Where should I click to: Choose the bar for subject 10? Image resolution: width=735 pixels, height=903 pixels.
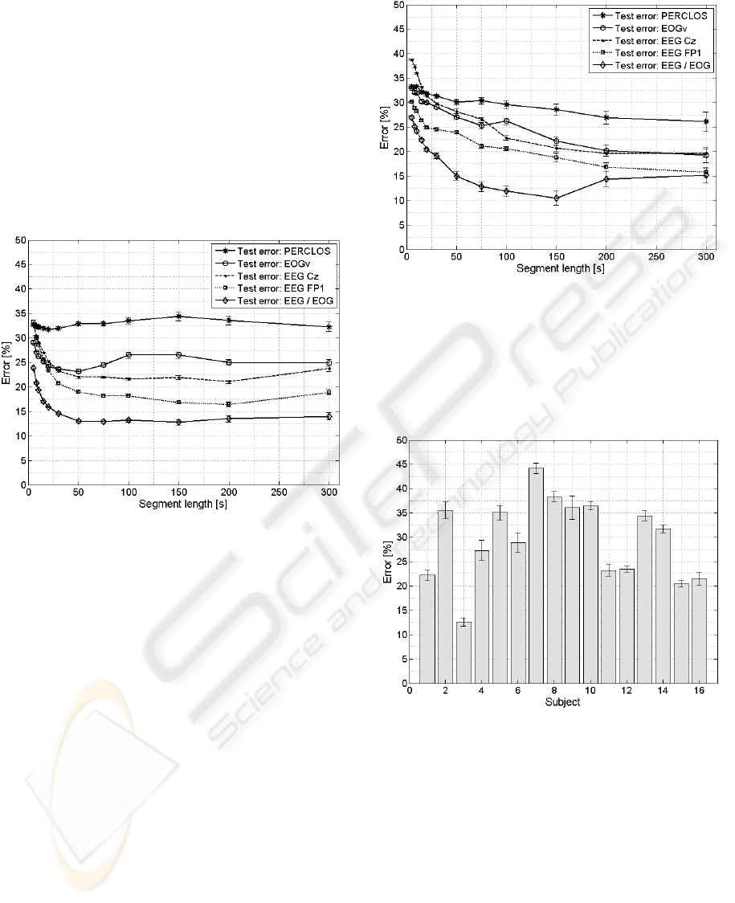pyautogui.click(x=590, y=595)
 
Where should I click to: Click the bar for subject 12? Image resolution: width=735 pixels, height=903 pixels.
pyautogui.click(x=627, y=626)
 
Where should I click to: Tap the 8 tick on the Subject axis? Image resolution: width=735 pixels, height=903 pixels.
pyautogui.click(x=554, y=690)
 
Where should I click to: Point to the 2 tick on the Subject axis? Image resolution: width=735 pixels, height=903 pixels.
pyautogui.click(x=445, y=690)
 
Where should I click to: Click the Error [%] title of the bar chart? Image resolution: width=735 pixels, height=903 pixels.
pyautogui.click(x=389, y=562)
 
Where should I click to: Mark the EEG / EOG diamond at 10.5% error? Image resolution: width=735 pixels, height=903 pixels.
pyautogui.click(x=556, y=198)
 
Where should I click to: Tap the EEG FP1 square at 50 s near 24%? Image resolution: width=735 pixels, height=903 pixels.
pyautogui.click(x=456, y=133)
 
